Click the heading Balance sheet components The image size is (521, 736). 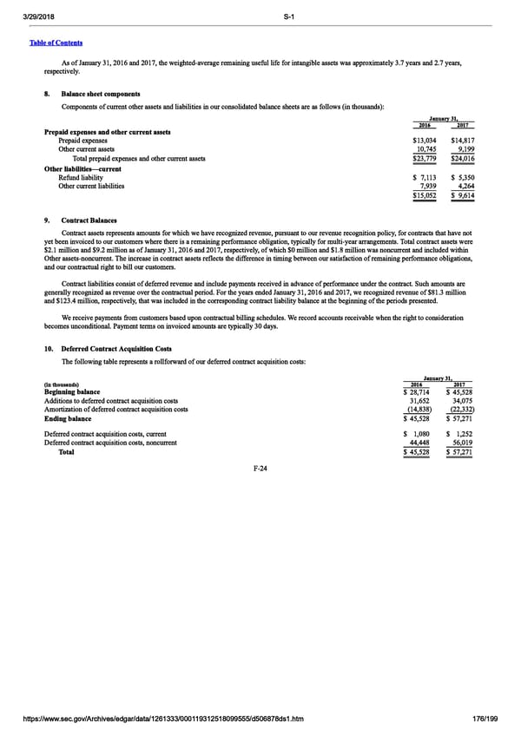coord(100,94)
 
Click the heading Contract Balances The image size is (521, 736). coord(89,220)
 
